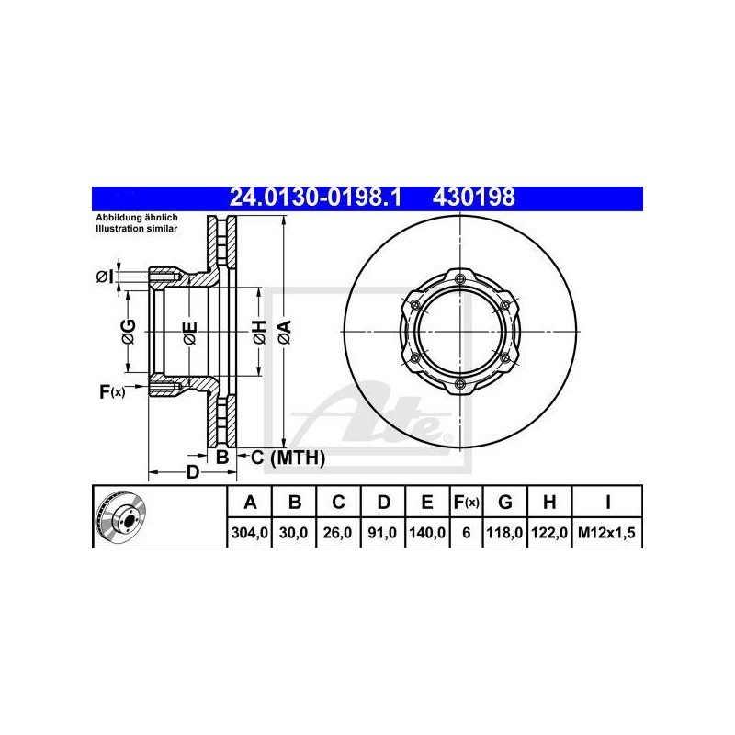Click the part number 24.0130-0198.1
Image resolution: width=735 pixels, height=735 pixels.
[315, 198]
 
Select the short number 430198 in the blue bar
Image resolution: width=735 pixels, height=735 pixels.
[473, 198]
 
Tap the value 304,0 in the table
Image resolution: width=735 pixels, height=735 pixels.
[249, 533]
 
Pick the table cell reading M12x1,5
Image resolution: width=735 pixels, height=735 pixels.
[606, 533]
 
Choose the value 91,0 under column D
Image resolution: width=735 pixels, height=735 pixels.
[382, 533]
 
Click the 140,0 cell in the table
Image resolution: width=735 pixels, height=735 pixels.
[427, 533]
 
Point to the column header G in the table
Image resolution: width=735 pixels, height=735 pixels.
[504, 503]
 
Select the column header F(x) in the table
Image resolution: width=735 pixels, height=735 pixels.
[466, 503]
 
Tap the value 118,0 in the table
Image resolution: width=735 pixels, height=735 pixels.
[504, 533]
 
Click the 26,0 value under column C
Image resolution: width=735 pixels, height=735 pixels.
[337, 533]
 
